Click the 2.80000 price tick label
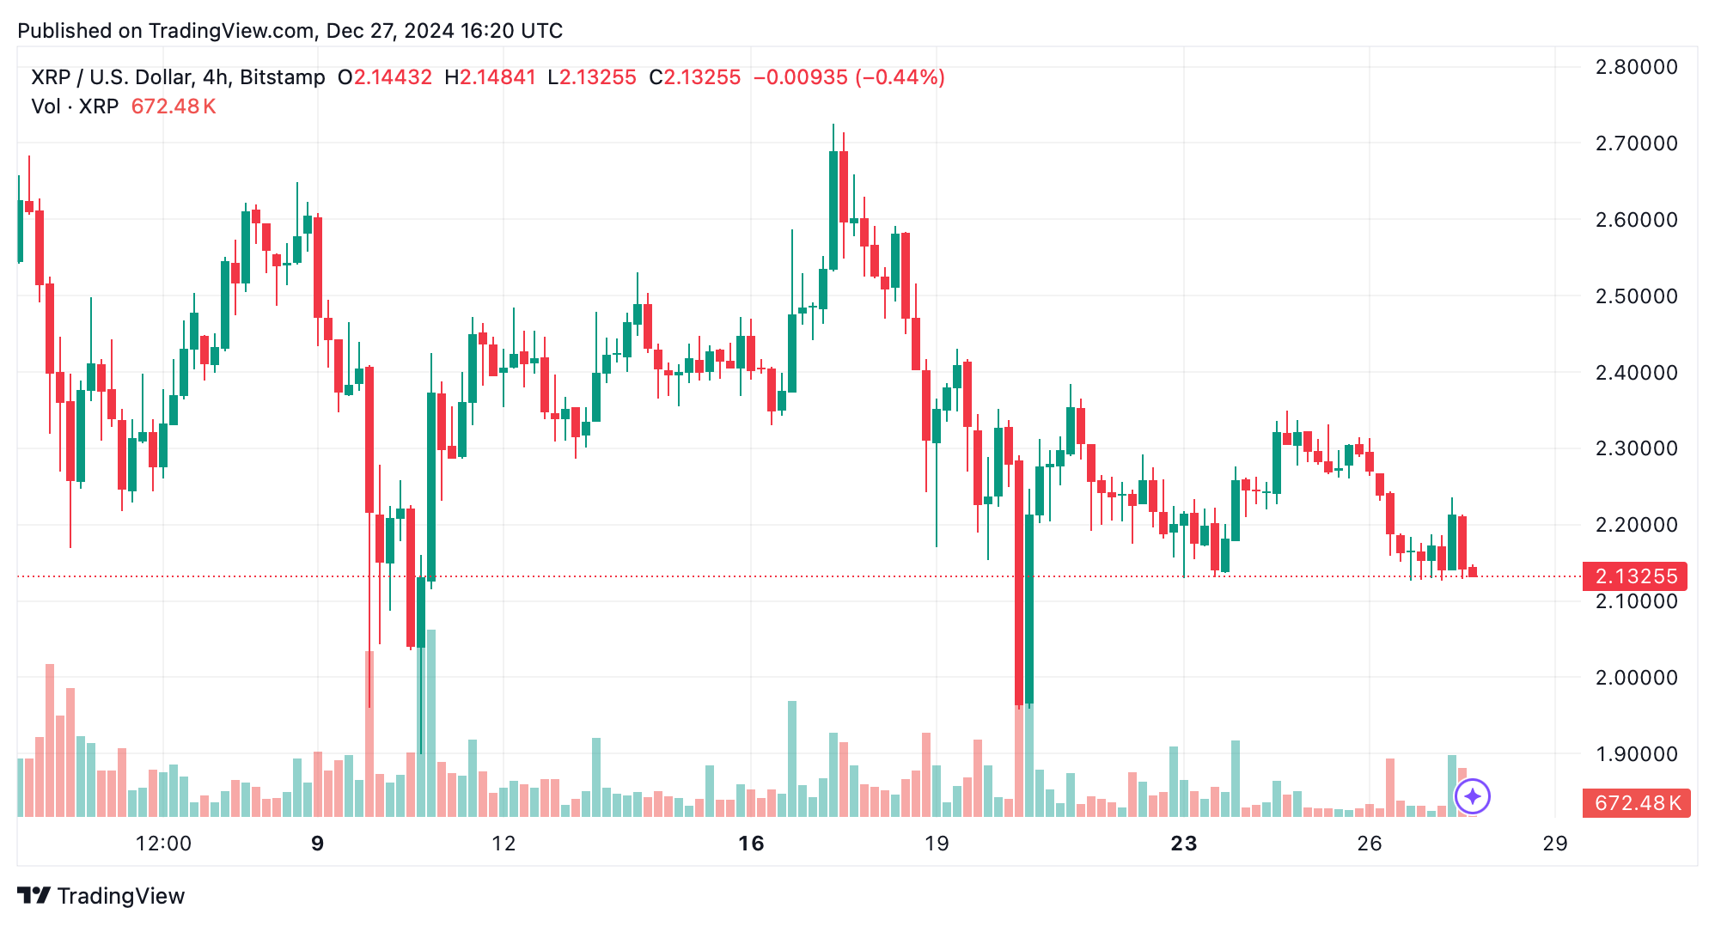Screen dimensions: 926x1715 tap(1636, 67)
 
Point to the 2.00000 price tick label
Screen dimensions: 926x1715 tap(1636, 678)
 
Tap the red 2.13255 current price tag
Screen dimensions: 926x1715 tap(1635, 576)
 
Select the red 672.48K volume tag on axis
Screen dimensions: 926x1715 tap(1636, 803)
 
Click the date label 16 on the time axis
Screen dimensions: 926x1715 tap(751, 844)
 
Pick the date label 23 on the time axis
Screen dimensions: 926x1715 tap(1184, 844)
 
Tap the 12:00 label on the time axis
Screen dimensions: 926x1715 tap(163, 844)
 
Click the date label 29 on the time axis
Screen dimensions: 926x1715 tap(1555, 844)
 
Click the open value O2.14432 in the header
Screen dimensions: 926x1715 tap(385, 77)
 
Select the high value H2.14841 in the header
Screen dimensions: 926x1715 tap(491, 77)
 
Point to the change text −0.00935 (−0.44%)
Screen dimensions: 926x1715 tap(849, 77)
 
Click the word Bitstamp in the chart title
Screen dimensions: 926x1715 tap(283, 77)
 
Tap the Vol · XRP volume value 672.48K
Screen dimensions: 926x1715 tap(174, 107)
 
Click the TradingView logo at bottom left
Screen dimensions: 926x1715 tap(101, 896)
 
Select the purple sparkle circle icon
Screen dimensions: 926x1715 tap(1473, 796)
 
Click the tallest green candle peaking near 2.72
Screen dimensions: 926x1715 tap(833, 210)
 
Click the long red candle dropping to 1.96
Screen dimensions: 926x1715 tap(1019, 583)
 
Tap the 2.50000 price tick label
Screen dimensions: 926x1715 tap(1636, 296)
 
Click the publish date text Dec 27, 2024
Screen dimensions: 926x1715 tap(390, 31)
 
